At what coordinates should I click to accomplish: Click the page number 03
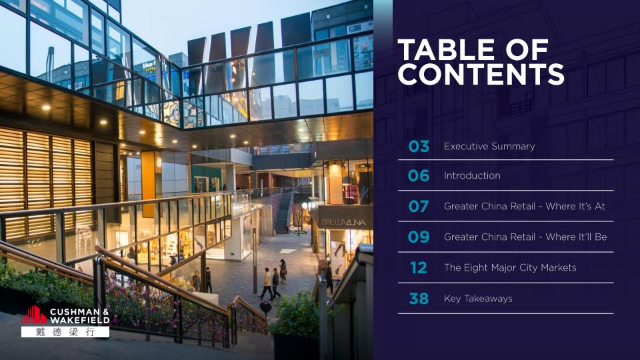pyautogui.click(x=419, y=146)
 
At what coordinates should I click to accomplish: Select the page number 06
pyautogui.click(x=419, y=176)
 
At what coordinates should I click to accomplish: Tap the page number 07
pyautogui.click(x=419, y=207)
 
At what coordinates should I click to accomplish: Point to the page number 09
pyautogui.click(x=419, y=237)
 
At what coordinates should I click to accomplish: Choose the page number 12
pyautogui.click(x=419, y=268)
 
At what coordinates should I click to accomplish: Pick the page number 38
pyautogui.click(x=419, y=299)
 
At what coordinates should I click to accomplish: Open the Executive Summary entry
pyautogui.click(x=489, y=146)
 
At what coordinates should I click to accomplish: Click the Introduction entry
pyautogui.click(x=472, y=176)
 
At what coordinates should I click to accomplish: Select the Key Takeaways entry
pyautogui.click(x=478, y=299)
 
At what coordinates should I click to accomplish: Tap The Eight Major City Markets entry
pyautogui.click(x=510, y=268)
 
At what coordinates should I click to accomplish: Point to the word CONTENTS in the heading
pyautogui.click(x=481, y=74)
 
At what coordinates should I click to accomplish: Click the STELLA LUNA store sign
pyautogui.click(x=343, y=223)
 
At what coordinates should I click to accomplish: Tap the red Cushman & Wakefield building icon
pyautogui.click(x=34, y=315)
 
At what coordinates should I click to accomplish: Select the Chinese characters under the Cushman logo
pyautogui.click(x=65, y=332)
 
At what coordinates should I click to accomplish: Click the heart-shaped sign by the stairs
pyautogui.click(x=265, y=307)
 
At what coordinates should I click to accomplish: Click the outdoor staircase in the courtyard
pyautogui.click(x=284, y=212)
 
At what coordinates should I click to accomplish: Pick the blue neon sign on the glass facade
pyautogui.click(x=149, y=65)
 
